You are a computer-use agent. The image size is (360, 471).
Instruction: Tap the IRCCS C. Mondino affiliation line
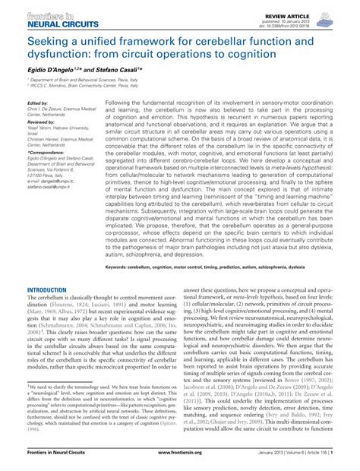(x=83, y=86)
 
